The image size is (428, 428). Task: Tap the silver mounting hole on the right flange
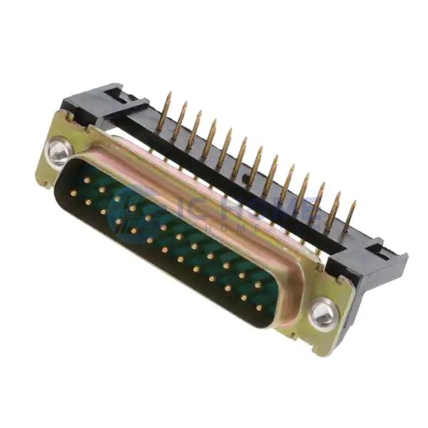pos(322,312)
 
